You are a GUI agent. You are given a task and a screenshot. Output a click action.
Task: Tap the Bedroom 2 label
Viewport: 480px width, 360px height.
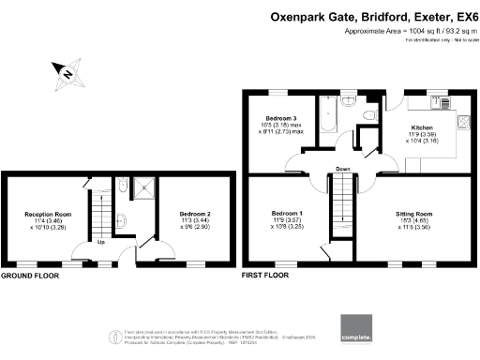(195, 215)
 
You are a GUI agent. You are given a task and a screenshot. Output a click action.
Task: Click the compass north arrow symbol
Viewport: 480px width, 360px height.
(68, 72)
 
